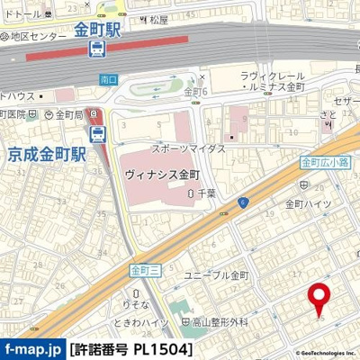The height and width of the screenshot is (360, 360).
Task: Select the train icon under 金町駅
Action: pyautogui.click(x=98, y=50)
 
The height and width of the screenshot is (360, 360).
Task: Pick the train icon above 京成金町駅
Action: pyautogui.click(x=98, y=135)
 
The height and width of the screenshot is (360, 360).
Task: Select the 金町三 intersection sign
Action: pyautogui.click(x=143, y=269)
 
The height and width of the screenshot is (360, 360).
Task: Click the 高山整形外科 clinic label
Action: pyautogui.click(x=220, y=321)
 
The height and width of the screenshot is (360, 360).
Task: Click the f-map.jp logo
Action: pyautogui.click(x=32, y=346)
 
